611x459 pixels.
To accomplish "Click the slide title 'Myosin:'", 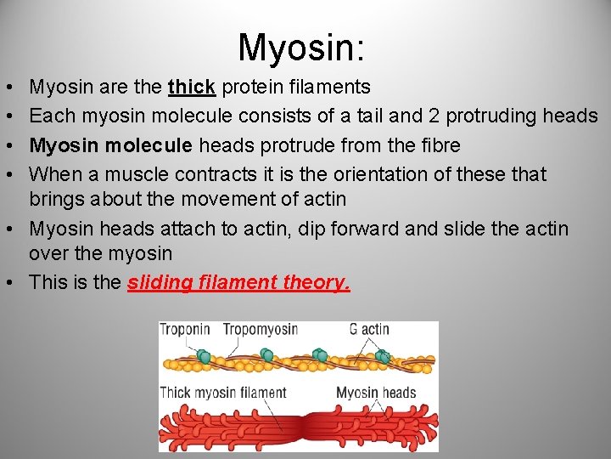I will tap(302, 47).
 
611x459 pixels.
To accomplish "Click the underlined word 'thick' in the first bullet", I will tap(191, 87).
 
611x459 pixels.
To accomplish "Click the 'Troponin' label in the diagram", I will tap(185, 330).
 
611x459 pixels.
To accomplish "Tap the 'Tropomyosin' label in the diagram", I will tap(260, 330).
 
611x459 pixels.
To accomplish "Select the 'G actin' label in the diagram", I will tap(369, 330).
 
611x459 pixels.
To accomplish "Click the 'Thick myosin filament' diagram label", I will tap(223, 393).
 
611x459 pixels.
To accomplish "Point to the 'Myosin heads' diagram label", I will tap(376, 393).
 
